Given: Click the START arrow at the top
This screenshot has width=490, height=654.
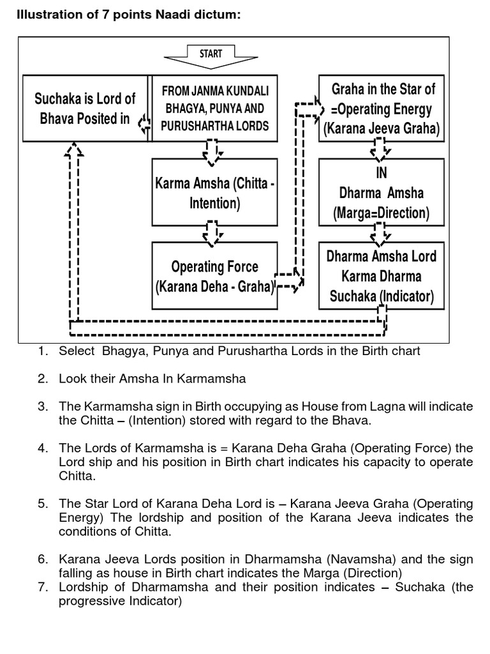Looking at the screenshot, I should click(x=211, y=56).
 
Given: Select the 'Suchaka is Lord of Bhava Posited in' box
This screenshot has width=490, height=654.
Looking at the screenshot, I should click(x=84, y=109).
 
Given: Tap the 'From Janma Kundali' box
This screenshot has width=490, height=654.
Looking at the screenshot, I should click(x=214, y=109).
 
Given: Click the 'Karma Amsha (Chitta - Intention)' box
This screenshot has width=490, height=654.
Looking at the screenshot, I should click(x=214, y=194).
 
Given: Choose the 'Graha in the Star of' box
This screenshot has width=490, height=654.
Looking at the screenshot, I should click(x=382, y=109).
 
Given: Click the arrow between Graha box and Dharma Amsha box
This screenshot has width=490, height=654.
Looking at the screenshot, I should click(x=382, y=150).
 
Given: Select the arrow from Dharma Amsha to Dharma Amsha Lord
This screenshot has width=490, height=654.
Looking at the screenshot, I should click(x=382, y=234).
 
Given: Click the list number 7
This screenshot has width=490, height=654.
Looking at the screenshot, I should click(x=42, y=587).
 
